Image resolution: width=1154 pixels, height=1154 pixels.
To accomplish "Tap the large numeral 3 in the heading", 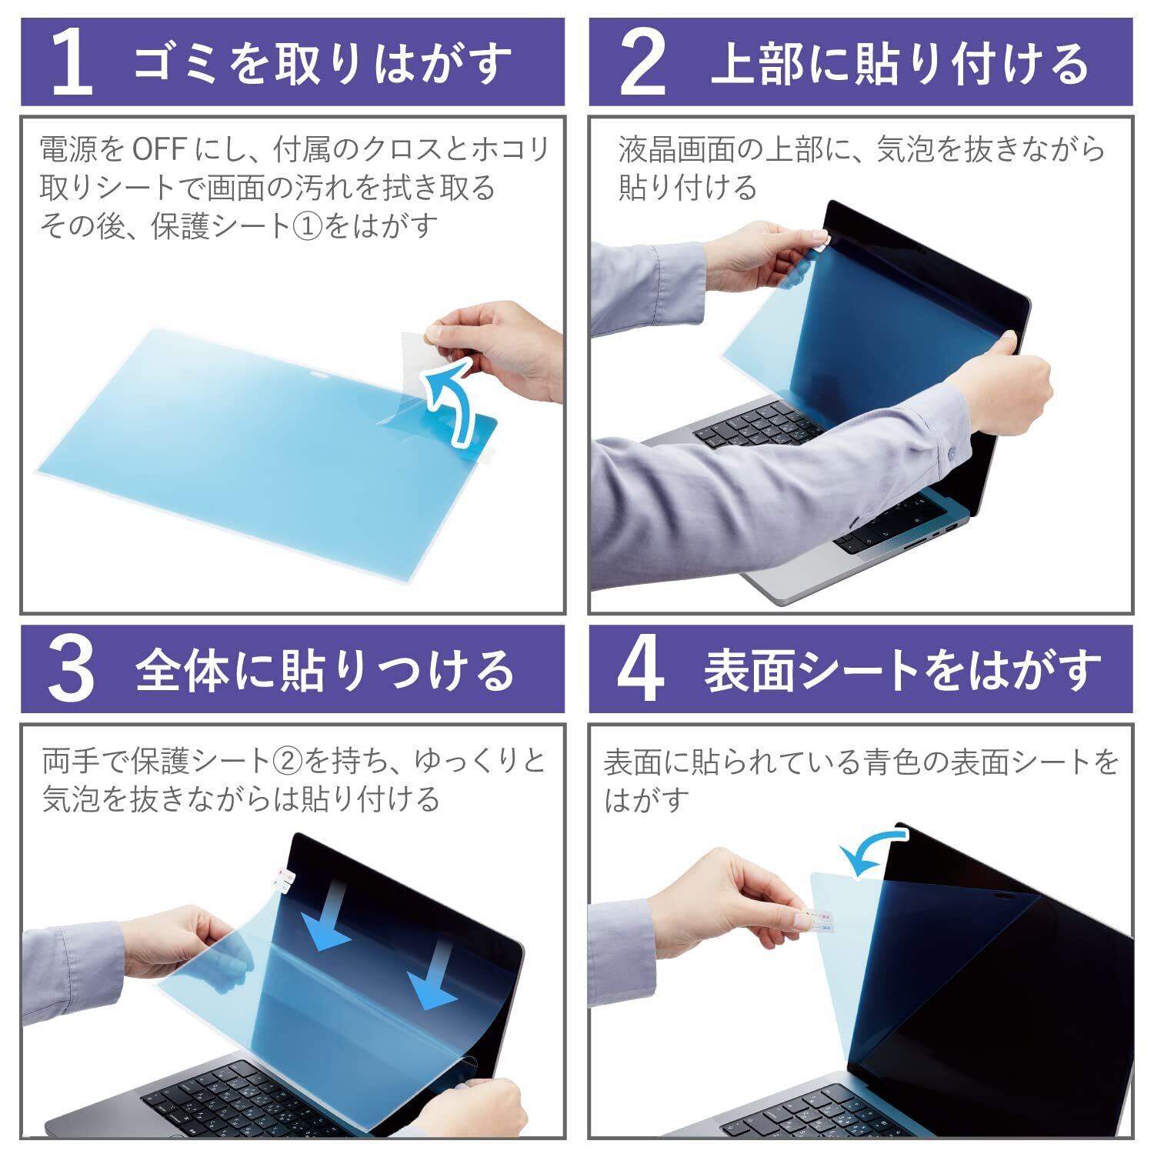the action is (71, 669).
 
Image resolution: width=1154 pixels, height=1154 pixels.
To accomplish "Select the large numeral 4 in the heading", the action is (641, 669).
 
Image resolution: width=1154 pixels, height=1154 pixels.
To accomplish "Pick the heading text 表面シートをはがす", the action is (902, 669).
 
